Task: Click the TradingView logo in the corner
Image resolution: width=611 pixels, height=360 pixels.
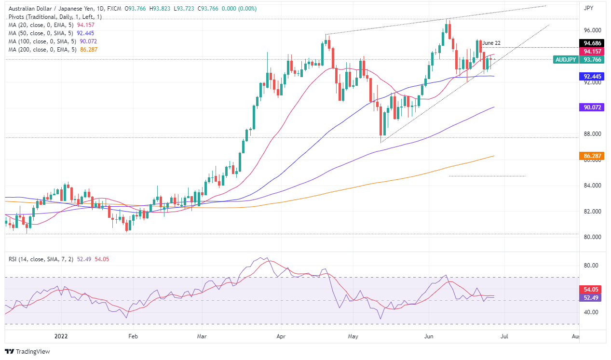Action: (x=27, y=352)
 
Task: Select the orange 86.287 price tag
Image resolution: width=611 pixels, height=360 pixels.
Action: (x=591, y=156)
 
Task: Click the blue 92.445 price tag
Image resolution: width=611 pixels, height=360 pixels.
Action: (x=591, y=76)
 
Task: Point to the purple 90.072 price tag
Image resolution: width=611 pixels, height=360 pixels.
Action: (x=591, y=108)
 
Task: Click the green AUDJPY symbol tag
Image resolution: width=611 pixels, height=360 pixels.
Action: (x=565, y=60)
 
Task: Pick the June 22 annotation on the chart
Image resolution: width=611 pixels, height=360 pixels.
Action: (x=491, y=43)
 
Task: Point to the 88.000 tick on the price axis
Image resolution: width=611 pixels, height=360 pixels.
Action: (x=593, y=134)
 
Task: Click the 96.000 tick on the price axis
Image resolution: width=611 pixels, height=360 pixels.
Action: (x=593, y=30)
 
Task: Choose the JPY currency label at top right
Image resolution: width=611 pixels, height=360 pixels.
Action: (x=588, y=8)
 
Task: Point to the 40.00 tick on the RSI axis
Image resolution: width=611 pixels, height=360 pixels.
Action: (x=592, y=312)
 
